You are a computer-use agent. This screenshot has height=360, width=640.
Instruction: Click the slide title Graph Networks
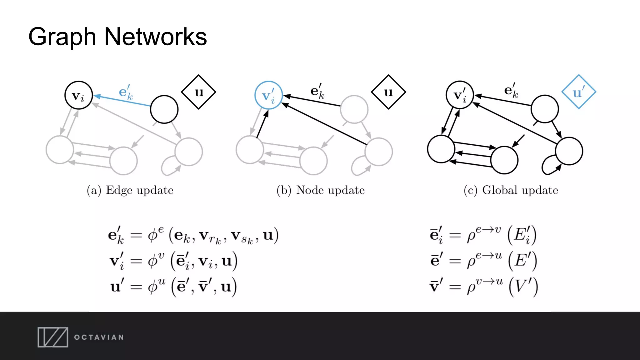(117, 37)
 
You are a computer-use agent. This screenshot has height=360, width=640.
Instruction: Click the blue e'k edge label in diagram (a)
(126, 92)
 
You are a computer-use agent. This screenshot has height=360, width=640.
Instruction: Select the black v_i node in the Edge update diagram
(78, 95)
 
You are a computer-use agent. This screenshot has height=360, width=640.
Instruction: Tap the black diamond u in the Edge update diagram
(199, 92)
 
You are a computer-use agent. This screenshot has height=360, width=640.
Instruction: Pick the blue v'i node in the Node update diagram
(268, 95)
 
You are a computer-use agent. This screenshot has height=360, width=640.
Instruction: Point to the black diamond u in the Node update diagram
(388, 92)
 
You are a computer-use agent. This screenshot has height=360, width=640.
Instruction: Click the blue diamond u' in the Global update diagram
(578, 92)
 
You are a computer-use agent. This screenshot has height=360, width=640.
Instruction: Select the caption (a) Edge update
(130, 190)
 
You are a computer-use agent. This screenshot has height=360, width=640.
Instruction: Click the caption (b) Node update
(321, 190)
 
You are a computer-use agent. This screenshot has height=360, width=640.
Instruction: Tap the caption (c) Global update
(511, 190)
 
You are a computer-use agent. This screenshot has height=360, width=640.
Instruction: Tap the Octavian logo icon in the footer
(53, 337)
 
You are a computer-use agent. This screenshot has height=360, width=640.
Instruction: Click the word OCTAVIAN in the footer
(99, 337)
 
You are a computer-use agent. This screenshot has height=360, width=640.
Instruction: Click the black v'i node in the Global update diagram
(459, 95)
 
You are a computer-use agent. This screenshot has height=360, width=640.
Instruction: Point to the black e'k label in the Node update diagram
(317, 91)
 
